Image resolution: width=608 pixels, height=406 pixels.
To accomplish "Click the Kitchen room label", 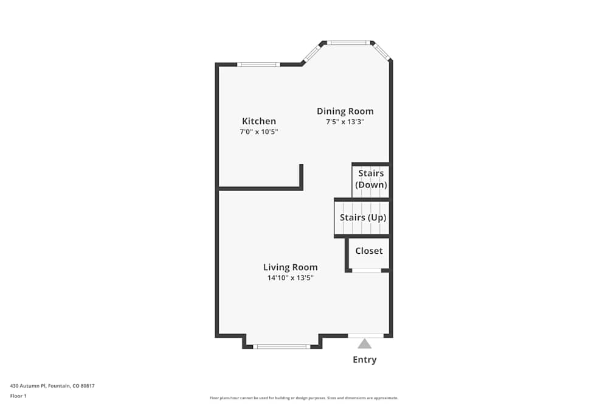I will pyautogui.click(x=259, y=121).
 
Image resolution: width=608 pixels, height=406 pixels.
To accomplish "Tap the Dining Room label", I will pyautogui.click(x=345, y=111).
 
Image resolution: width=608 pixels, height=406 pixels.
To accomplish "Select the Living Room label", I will pyautogui.click(x=290, y=267).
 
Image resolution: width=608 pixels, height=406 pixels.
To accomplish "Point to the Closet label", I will pyautogui.click(x=369, y=251).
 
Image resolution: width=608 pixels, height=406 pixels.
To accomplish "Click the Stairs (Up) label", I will pyautogui.click(x=363, y=217).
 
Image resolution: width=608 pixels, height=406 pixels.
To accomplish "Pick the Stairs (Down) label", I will pyautogui.click(x=371, y=179).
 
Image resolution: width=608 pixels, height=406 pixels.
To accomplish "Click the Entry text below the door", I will pyautogui.click(x=365, y=360).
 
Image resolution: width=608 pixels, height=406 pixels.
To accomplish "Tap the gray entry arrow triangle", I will pyautogui.click(x=365, y=343).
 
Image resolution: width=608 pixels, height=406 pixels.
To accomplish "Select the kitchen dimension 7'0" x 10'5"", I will pyautogui.click(x=259, y=131).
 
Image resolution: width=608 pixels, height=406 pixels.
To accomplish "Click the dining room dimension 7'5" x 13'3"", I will pyautogui.click(x=345, y=122).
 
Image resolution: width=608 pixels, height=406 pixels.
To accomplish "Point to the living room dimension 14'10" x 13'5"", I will pyautogui.click(x=290, y=278).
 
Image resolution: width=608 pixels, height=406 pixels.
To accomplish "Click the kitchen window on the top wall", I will pyautogui.click(x=258, y=64).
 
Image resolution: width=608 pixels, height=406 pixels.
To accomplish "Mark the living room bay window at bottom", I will pyautogui.click(x=282, y=347).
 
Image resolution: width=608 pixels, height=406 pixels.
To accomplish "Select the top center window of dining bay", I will pyautogui.click(x=348, y=43).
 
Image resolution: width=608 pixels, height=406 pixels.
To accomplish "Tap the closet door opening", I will pyautogui.click(x=367, y=270).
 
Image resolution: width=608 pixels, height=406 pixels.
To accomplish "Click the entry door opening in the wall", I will pyautogui.click(x=365, y=335).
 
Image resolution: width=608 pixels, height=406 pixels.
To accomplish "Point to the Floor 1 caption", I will pyautogui.click(x=18, y=396).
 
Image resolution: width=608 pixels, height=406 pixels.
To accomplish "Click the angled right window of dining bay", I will pyautogui.click(x=382, y=52).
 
